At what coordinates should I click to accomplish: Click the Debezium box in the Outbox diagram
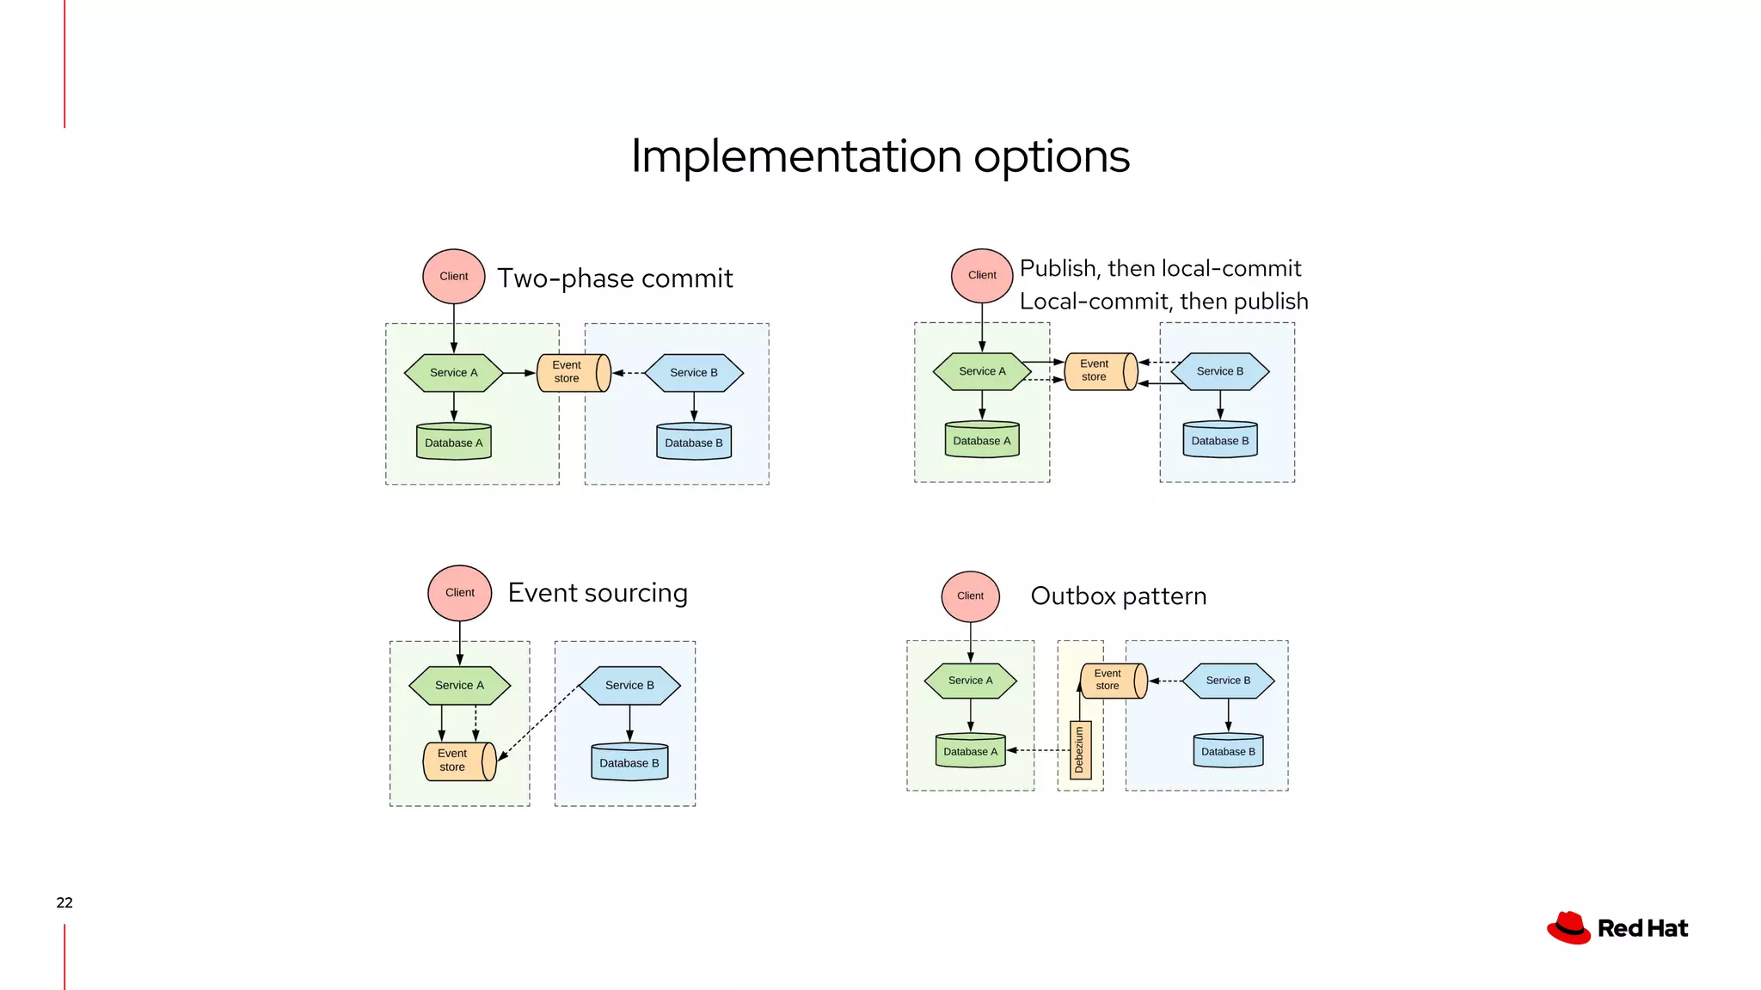1080,749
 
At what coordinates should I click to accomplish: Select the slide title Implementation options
880,156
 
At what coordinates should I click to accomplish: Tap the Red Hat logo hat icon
1568,928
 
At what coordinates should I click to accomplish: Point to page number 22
64,902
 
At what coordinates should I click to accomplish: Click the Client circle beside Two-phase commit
454,277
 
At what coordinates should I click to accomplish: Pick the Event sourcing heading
598,593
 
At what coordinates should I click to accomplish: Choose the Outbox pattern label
1118,596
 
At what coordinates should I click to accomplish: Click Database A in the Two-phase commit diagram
454,442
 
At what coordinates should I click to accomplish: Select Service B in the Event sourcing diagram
629,685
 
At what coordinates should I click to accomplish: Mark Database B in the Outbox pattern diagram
1228,750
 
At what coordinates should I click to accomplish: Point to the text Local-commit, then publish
1163,302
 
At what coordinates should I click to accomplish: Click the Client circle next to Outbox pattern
970,596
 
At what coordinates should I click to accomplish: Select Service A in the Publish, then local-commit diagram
982,371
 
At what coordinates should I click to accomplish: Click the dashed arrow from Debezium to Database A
1038,750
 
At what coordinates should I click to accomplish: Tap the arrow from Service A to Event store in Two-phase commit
519,373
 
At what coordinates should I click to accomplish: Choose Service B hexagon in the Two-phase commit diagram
694,373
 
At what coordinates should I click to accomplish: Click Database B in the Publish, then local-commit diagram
1219,440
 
